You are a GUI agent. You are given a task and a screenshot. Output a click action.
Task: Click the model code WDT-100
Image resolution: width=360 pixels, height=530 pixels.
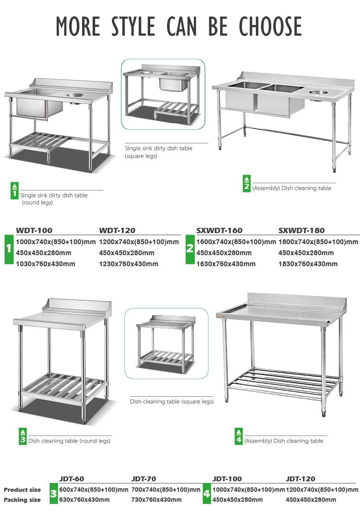[x=34, y=231]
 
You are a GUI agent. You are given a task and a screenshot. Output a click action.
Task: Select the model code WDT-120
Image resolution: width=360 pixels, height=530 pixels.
[x=117, y=231]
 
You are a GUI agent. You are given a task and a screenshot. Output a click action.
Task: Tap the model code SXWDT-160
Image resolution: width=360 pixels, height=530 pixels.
[x=219, y=231]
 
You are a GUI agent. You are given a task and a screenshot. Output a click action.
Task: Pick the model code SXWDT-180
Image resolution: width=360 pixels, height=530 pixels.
[x=302, y=231]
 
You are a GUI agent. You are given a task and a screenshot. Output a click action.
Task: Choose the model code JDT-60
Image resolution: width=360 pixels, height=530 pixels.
[x=72, y=479]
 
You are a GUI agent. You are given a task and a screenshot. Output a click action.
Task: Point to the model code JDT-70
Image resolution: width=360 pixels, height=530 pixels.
[x=144, y=479]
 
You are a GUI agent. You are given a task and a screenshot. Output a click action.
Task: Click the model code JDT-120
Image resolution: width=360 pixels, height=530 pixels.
[x=300, y=479]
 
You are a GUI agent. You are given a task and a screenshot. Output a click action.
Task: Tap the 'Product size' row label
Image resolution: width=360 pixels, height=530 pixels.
[x=23, y=490]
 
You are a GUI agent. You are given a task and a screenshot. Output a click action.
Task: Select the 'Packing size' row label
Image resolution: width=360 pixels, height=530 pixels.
[x=23, y=500]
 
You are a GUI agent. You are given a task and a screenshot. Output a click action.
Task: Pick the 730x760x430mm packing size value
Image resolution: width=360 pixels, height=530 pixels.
[x=156, y=500]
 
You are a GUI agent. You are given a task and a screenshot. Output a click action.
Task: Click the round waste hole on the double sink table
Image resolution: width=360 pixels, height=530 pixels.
[x=318, y=92]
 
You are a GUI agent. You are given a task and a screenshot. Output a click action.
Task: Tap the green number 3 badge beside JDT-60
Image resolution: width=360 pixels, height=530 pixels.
[x=53, y=494]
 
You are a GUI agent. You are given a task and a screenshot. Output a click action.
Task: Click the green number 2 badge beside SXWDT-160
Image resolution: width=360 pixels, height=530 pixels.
[x=190, y=248]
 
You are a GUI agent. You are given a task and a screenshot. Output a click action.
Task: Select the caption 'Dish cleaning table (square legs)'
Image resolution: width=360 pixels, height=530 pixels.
[x=172, y=401]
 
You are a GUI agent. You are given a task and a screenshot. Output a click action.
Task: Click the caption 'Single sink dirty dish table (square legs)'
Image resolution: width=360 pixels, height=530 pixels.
[x=159, y=152]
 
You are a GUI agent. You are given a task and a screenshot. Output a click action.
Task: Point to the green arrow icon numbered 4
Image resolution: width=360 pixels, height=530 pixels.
[x=239, y=436]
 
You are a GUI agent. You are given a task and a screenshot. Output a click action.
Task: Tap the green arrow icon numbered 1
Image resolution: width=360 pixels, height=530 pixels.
[x=14, y=191]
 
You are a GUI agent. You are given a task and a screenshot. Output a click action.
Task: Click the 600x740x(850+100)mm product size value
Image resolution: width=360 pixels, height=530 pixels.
[x=94, y=490]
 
